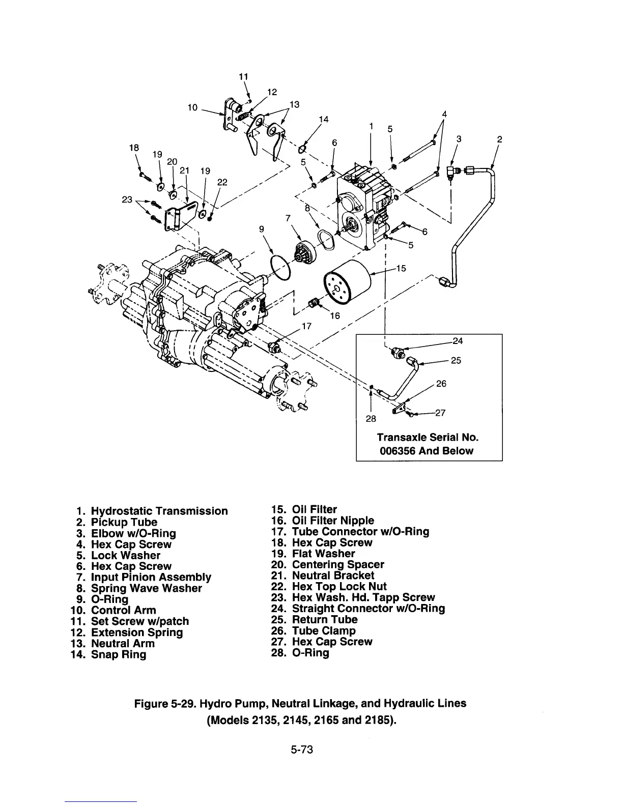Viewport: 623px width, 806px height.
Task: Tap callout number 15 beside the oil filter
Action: [x=401, y=268]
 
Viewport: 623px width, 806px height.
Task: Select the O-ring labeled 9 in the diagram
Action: [x=279, y=267]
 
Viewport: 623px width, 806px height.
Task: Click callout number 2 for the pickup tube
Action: [x=499, y=139]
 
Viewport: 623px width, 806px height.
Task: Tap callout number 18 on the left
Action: [x=134, y=148]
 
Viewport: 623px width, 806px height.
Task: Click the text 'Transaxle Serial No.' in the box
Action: [x=428, y=438]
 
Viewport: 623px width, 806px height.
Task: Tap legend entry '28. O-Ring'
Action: [x=300, y=653]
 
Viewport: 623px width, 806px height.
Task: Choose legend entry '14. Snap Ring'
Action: [x=109, y=654]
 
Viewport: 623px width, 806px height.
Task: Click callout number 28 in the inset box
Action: [x=371, y=419]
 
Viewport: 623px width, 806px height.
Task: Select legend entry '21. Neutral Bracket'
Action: [x=325, y=575]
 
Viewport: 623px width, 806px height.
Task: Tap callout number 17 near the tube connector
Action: [x=306, y=326]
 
